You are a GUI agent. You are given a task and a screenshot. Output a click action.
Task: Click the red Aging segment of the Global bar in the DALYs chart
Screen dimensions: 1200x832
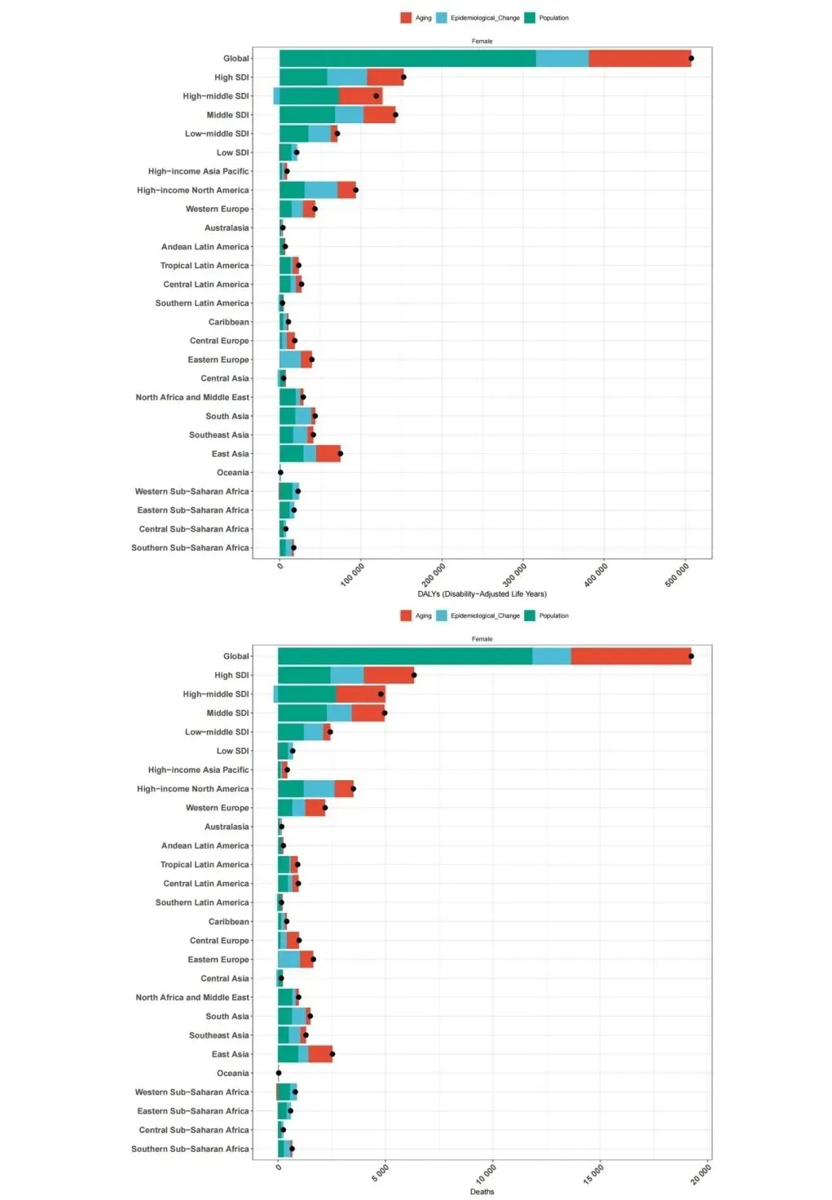639,59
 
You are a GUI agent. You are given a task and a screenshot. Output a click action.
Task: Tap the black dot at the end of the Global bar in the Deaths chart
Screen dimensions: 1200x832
691,656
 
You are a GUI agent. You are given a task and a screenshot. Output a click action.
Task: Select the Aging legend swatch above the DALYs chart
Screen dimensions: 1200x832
406,18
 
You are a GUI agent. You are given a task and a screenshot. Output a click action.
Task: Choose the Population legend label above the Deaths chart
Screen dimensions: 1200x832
553,615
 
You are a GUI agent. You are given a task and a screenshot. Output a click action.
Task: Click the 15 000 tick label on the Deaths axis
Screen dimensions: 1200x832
595,1174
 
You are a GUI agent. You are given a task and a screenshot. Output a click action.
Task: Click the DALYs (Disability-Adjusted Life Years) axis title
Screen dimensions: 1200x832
482,593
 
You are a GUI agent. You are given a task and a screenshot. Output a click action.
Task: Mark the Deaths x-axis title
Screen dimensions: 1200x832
482,1192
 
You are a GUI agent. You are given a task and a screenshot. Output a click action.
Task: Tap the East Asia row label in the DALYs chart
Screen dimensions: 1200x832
230,454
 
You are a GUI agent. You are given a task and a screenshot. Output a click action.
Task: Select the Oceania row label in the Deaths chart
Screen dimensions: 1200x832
232,1074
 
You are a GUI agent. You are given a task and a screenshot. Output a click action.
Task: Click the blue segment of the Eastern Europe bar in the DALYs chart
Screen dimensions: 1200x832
290,360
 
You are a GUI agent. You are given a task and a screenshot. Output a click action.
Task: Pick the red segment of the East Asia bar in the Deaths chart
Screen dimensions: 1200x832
320,1054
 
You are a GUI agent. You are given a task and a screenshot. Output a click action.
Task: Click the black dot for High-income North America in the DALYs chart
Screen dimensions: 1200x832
355,190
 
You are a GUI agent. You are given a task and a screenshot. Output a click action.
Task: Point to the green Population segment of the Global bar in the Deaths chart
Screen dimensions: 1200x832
405,656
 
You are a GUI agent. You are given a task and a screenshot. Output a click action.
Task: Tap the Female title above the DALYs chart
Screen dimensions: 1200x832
482,41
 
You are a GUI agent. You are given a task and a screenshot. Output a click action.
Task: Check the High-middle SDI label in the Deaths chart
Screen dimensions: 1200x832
216,695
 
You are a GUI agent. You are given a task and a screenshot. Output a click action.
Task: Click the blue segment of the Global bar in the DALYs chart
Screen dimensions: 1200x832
562,59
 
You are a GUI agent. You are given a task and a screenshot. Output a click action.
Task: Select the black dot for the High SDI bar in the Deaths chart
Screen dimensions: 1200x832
414,675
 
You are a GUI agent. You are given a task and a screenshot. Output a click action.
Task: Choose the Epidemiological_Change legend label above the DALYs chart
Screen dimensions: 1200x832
485,18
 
